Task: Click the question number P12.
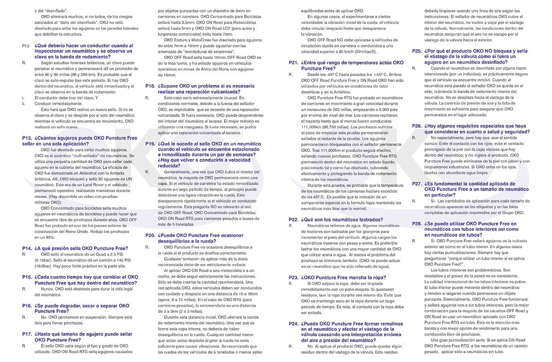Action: point(26,46)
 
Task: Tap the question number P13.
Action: point(26,138)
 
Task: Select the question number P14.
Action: point(26,248)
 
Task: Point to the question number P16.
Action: point(26,305)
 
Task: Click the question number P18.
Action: point(150,86)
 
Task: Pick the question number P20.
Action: point(150,235)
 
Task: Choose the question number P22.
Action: point(293,220)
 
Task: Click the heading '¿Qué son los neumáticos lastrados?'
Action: point(341,220)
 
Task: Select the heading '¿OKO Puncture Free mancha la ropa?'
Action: point(344,277)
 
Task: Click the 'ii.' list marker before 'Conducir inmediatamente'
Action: point(23,104)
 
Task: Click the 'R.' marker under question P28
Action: point(414,240)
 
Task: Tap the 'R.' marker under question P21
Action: point(290,74)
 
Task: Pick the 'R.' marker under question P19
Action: point(148,171)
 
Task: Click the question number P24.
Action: point(293,323)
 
